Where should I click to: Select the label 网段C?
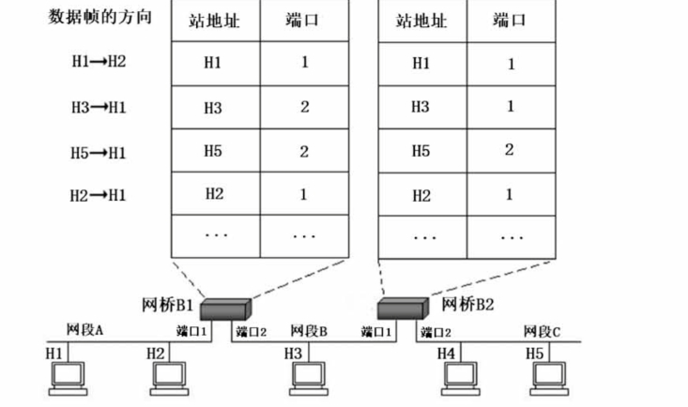pyautogui.click(x=543, y=330)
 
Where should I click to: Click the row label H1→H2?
pyautogui.click(x=99, y=63)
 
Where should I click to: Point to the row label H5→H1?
pyautogui.click(x=99, y=152)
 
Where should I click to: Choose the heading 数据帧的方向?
pyautogui.click(x=99, y=18)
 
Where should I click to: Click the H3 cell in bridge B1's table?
pyautogui.click(x=214, y=108)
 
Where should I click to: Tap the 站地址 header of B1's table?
pyautogui.click(x=214, y=20)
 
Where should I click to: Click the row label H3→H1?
pyautogui.click(x=99, y=107)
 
